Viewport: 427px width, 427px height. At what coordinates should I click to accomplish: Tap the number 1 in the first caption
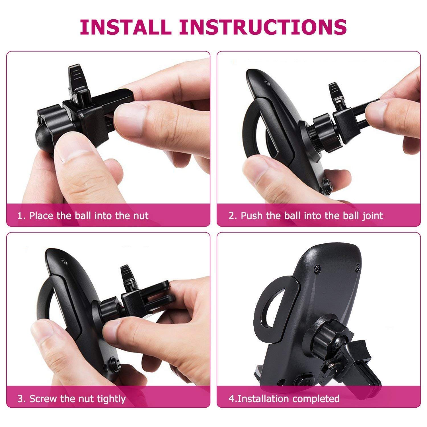pos(20,216)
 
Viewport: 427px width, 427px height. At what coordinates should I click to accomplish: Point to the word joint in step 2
pos(373,216)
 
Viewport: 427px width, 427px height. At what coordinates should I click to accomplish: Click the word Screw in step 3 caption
pos(43,399)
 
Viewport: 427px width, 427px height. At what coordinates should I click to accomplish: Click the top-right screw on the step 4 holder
pos(357,267)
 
